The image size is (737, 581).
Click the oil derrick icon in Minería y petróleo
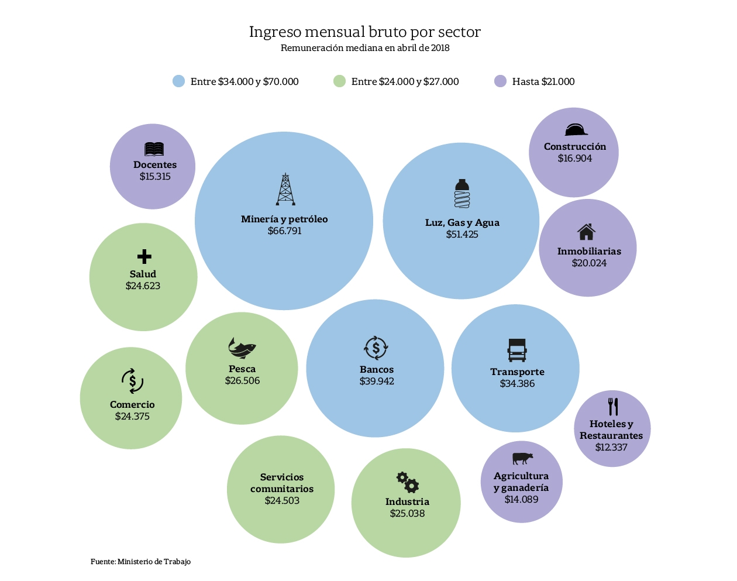(x=285, y=189)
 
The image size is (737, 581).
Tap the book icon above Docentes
(x=154, y=149)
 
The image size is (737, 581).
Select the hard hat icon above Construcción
(x=576, y=129)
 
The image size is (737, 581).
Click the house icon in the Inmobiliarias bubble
(x=586, y=232)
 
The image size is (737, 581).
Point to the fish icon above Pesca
(x=242, y=348)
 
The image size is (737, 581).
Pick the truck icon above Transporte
(x=517, y=350)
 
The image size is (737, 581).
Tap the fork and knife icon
(x=613, y=407)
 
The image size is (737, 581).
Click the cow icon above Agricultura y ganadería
(x=522, y=458)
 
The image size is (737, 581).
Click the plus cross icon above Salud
(x=144, y=256)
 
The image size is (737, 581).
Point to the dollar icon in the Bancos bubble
(x=376, y=348)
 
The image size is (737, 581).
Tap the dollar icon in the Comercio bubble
(x=133, y=381)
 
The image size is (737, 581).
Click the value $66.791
(x=285, y=231)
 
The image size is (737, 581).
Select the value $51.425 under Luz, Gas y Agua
(x=462, y=235)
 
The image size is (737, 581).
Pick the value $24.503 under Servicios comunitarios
(x=282, y=501)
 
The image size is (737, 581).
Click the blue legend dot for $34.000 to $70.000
(x=179, y=81)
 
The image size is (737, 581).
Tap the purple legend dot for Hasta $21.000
(x=500, y=81)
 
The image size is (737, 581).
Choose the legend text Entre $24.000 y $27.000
(x=405, y=82)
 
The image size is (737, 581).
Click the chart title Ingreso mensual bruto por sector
(x=365, y=32)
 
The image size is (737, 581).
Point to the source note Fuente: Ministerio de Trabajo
(x=140, y=562)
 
